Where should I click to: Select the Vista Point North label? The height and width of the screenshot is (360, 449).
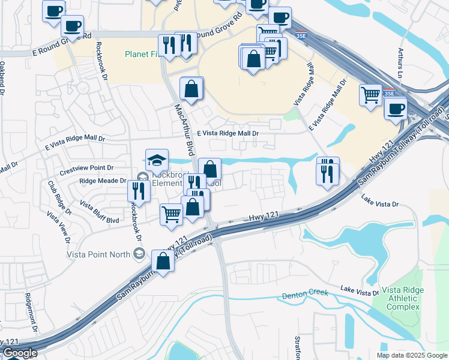98,254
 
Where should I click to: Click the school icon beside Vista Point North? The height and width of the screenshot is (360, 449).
139,254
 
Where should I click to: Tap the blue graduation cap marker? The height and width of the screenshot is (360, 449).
157,161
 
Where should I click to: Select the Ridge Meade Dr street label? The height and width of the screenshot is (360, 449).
103,181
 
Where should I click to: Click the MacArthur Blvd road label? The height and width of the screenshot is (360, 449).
185,126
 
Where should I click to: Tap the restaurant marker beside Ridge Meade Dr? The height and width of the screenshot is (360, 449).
138,190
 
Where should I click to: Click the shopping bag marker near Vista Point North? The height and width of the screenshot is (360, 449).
163,260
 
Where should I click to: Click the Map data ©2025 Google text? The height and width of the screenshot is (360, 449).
412,355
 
